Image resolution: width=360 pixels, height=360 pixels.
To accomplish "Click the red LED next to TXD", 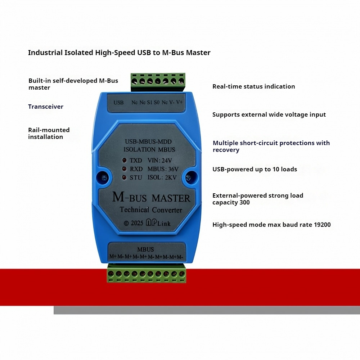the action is [x=124, y=160].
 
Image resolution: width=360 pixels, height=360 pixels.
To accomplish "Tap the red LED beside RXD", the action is [x=124, y=169].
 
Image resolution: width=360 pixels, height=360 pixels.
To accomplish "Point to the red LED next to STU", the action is [x=124, y=177].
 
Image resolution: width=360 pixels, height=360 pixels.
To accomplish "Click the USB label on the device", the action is [x=118, y=103].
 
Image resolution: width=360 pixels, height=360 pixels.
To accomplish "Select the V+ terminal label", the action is [x=179, y=102].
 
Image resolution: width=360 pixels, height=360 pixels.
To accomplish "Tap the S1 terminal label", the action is [x=150, y=102].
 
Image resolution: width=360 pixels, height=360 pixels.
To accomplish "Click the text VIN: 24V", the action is [x=160, y=160].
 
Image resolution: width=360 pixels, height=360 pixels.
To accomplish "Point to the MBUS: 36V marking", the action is [x=163, y=169].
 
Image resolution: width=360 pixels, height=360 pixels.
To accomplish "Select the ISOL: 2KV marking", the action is [x=162, y=177].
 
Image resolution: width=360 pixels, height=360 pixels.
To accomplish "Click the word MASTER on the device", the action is [x=171, y=198].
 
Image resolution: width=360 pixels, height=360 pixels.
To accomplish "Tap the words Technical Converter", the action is [x=151, y=210].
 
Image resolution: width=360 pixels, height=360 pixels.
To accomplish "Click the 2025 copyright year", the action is [x=137, y=223].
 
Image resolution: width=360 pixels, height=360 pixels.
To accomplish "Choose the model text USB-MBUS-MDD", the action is [x=148, y=141].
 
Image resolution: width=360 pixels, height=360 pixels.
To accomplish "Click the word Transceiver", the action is [x=46, y=107].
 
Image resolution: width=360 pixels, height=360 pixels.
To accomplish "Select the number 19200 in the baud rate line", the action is [x=322, y=225].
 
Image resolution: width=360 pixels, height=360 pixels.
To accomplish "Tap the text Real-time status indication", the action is [x=254, y=86].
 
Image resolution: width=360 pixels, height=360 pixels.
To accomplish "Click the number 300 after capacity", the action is [x=244, y=202].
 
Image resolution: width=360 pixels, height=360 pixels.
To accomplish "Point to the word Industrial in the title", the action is [x=45, y=53].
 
